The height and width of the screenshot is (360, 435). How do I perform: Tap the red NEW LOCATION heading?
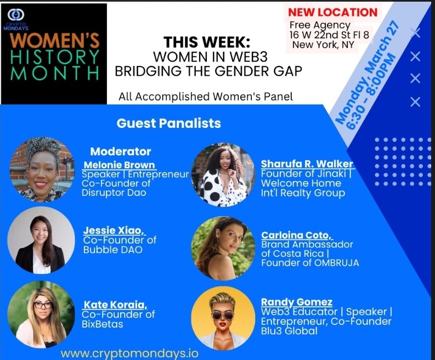[333, 12]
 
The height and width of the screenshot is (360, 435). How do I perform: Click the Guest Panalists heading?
[168, 123]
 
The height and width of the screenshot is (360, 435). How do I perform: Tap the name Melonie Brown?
[119, 165]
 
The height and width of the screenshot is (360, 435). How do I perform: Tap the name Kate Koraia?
[115, 305]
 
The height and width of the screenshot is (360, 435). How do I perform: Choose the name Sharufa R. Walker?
[307, 164]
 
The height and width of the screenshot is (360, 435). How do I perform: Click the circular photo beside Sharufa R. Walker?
[223, 175]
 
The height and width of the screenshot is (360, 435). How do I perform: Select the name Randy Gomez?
[296, 302]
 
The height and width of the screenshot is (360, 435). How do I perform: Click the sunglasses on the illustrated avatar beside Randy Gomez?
[223, 314]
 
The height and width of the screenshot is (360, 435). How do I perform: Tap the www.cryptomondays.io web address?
[129, 353]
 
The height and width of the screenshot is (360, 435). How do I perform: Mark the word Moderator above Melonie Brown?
[120, 151]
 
